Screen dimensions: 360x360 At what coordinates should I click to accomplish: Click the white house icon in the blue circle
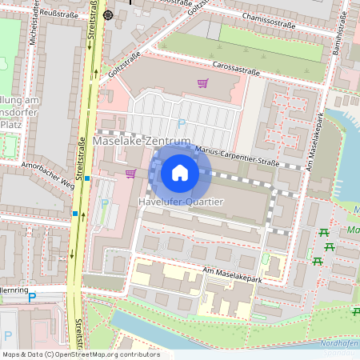180,171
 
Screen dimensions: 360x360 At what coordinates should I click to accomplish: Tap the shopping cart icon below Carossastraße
202,83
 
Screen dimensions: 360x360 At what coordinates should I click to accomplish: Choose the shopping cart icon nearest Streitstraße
130,173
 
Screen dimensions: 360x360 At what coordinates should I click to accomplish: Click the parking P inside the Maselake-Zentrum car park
181,123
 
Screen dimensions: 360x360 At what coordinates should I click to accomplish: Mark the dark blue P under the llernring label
32,298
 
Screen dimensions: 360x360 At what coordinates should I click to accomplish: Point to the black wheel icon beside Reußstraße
108,14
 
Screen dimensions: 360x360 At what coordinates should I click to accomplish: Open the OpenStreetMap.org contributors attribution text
80,354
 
